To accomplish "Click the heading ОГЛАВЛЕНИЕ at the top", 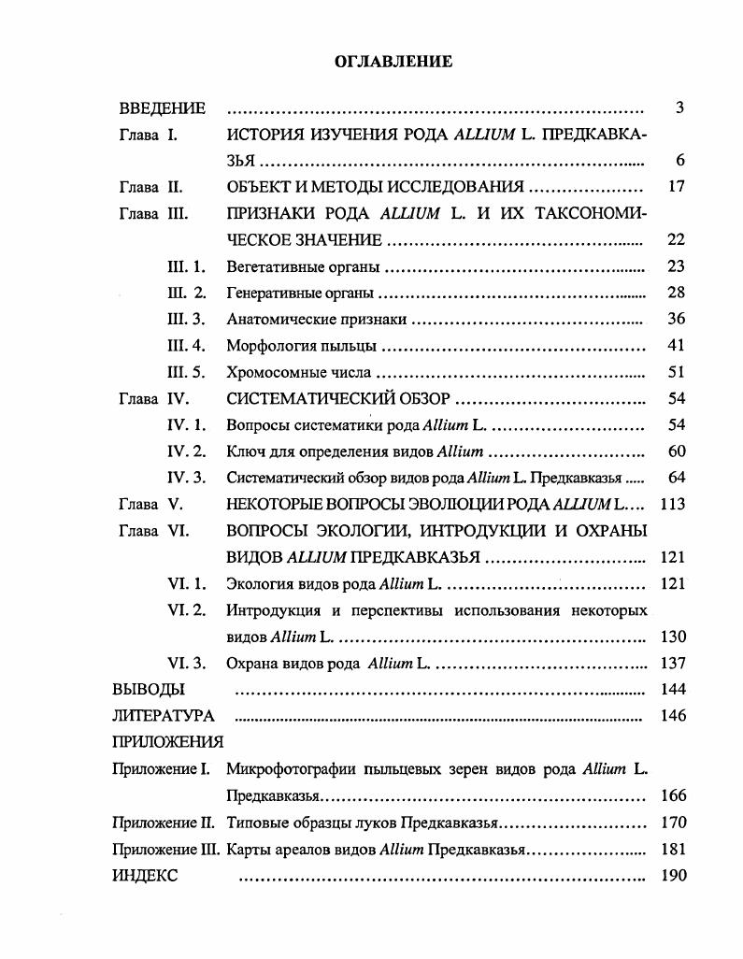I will [x=393, y=62].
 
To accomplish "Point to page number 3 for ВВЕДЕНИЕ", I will [x=679, y=108].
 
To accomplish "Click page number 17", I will [x=677, y=187].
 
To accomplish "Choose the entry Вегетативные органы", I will [x=304, y=267].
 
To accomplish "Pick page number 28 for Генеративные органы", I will [x=677, y=293].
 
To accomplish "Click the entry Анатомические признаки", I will [x=316, y=320].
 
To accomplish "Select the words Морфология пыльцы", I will [x=302, y=346].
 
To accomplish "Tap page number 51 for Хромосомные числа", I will [x=677, y=372].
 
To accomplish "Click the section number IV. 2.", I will [x=186, y=451].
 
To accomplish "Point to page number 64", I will [x=677, y=478].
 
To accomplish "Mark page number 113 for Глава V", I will [x=672, y=504].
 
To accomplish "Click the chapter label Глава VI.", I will [x=154, y=531].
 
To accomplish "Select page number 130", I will [x=672, y=637].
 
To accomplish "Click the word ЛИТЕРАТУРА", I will [x=163, y=716].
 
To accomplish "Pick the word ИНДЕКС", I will [x=144, y=877].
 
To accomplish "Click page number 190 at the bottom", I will [x=672, y=877].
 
